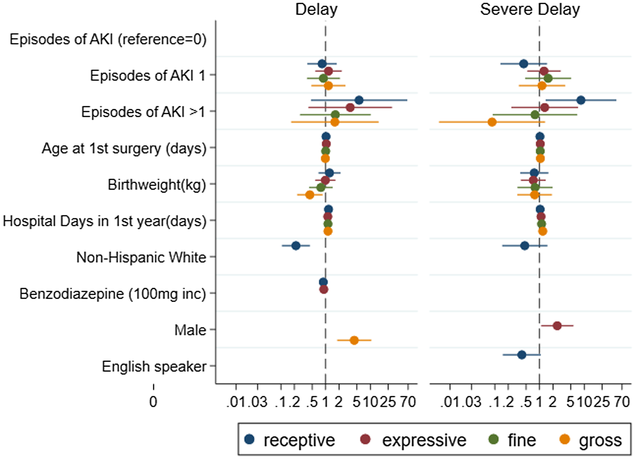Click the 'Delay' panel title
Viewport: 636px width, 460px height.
(316, 9)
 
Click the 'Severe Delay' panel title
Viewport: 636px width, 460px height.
(530, 9)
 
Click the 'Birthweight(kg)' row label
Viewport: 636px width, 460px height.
(157, 185)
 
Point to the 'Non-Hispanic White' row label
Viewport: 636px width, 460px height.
(141, 258)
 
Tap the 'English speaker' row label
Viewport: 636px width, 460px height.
(154, 367)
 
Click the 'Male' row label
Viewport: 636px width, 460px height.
(190, 330)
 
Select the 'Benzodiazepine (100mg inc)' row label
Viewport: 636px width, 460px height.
(113, 294)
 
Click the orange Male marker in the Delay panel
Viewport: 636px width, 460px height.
(354, 341)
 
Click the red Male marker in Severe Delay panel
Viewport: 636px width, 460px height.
(557, 326)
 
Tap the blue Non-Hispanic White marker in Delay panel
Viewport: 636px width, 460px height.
(296, 246)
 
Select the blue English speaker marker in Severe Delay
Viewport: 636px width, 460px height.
(522, 355)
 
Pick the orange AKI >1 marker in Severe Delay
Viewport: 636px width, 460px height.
(492, 122)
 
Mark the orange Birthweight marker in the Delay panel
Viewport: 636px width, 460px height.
(310, 195)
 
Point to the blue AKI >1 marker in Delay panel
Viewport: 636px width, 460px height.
(359, 100)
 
